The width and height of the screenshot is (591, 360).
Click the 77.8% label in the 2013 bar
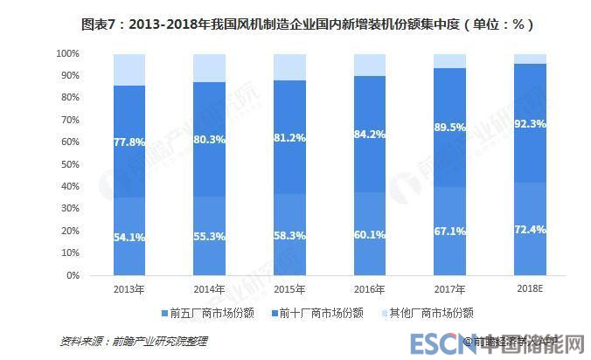pos(129,141)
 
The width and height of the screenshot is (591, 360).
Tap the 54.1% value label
pos(129,237)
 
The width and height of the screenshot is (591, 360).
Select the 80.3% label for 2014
pos(209,139)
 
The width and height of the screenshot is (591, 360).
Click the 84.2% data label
pos(370,135)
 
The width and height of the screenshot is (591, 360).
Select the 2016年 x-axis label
pos(370,287)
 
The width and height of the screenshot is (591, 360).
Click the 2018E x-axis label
pos(531,287)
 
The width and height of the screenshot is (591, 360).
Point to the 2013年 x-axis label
pos(129,287)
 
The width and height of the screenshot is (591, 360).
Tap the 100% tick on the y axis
pos(68,54)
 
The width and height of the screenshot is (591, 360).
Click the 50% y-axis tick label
pos(71,164)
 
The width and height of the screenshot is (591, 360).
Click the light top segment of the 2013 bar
pos(129,70)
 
